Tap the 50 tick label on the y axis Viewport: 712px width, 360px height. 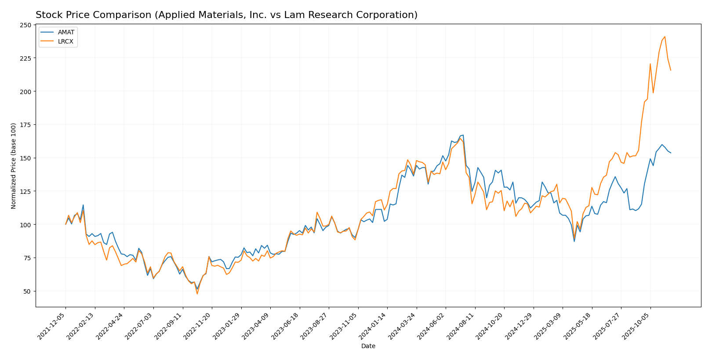coord(28,291)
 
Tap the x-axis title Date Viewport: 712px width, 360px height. coord(368,346)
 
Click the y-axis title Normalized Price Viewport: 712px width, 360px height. coord(14,166)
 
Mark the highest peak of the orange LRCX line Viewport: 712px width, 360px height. coord(665,36)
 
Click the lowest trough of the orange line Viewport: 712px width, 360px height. coord(197,294)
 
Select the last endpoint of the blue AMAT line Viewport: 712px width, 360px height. coord(671,153)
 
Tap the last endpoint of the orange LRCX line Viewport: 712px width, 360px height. coord(671,70)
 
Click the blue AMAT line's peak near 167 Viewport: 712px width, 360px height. coord(463,135)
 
